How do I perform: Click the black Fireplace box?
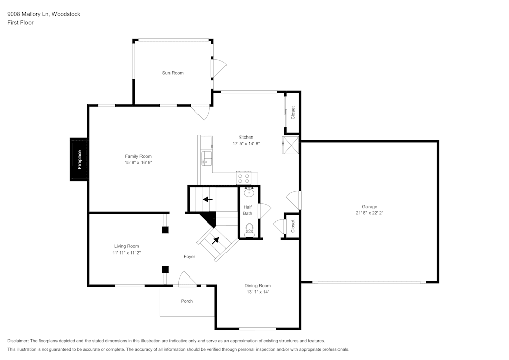[78, 159]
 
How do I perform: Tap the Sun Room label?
[173, 73]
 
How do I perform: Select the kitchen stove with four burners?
[243, 178]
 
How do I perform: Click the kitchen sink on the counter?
[207, 158]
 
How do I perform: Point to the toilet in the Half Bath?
[249, 230]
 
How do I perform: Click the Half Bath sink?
[249, 192]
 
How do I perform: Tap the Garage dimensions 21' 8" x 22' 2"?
[370, 213]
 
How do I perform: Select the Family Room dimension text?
[138, 162]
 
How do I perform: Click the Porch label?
[187, 301]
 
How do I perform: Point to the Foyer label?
[189, 257]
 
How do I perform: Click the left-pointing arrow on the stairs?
[208, 199]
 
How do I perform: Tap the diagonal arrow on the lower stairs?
[215, 240]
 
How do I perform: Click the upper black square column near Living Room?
[165, 230]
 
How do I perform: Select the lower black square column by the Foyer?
[165, 269]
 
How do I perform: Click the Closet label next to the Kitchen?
[293, 113]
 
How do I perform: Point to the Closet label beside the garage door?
[293, 226]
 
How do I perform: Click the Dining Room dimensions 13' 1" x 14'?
[258, 292]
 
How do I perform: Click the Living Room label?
[126, 246]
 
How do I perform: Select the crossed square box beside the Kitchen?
[291, 145]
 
